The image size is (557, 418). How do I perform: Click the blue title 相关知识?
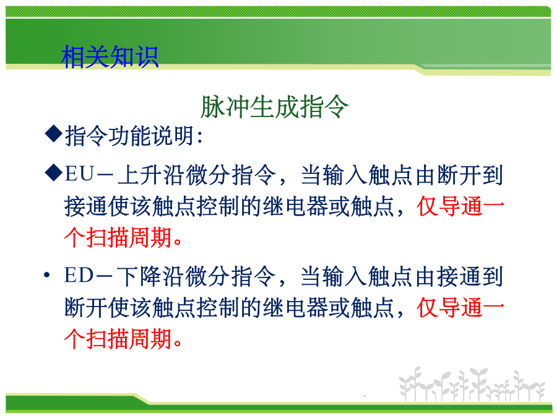110,56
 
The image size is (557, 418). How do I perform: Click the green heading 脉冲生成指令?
275,107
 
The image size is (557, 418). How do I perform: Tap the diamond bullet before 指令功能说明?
54,134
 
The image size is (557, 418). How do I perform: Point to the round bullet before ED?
47,275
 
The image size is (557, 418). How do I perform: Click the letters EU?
79,174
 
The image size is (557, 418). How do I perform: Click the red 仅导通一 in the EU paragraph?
460,206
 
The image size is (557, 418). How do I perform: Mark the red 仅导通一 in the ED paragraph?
460,307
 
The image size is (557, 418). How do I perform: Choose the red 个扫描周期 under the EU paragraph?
118,237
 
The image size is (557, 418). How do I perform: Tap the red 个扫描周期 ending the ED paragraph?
118,338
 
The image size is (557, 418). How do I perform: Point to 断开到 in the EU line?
470,175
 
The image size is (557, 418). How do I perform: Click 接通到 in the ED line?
470,276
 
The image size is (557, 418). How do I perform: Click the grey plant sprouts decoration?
472,385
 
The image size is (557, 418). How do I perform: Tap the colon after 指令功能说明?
199,137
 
